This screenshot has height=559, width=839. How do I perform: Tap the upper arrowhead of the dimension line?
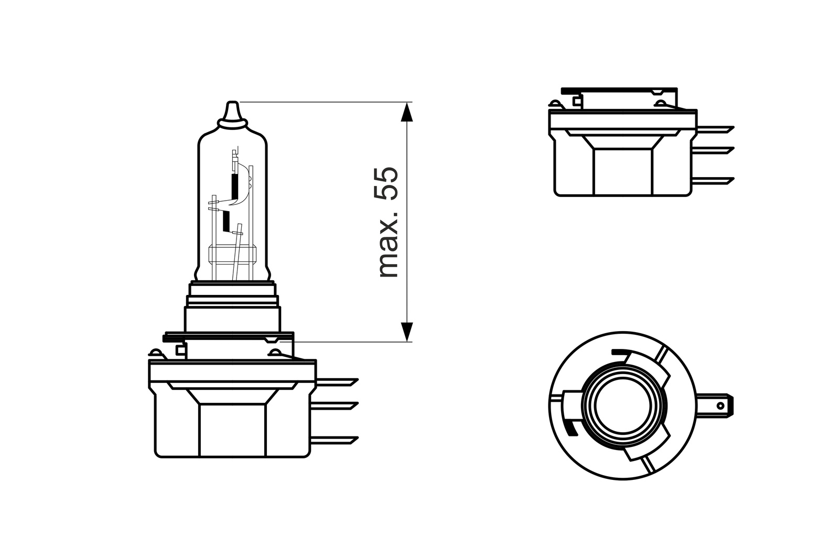[407, 112]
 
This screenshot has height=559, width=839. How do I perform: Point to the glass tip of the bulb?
[231, 112]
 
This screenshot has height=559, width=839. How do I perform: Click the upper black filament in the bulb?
[235, 187]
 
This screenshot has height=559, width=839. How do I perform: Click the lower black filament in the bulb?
[226, 221]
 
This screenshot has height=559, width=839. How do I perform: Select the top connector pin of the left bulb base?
[336, 382]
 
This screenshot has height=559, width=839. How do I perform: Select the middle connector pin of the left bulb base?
[336, 406]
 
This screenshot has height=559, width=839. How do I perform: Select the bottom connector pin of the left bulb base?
[336, 439]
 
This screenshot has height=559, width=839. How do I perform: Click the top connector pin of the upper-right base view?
[714, 128]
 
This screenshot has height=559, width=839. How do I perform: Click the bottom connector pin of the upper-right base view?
[714, 180]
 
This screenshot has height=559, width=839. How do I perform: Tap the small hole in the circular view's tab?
[720, 405]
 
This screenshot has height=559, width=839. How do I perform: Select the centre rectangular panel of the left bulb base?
[233, 430]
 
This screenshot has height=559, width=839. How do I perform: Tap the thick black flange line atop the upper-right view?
[619, 90]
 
